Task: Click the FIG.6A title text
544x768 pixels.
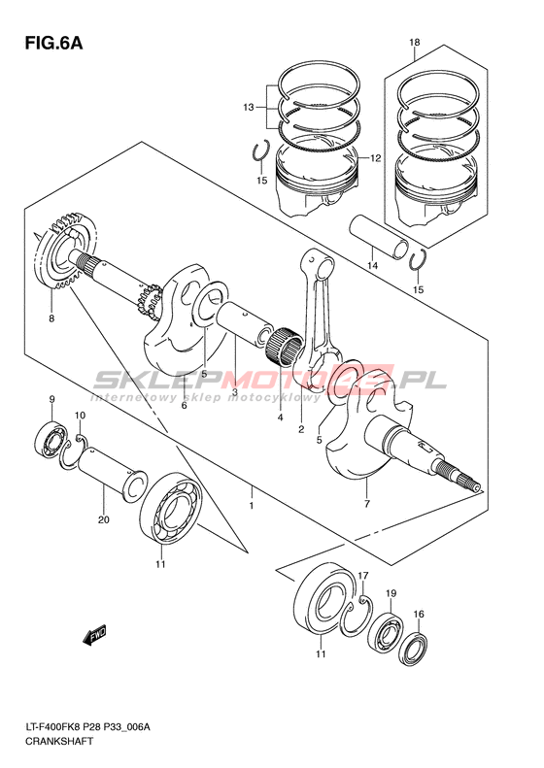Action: click(53, 43)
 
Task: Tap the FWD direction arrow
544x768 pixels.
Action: click(95, 636)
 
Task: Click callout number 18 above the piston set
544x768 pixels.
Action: click(415, 43)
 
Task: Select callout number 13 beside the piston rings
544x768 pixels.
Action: click(249, 107)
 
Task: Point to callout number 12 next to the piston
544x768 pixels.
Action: click(375, 158)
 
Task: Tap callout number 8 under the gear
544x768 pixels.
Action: click(51, 318)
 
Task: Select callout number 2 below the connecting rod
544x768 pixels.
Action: click(301, 429)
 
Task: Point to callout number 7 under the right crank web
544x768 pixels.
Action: click(367, 504)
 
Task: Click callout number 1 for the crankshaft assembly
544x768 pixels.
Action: click(252, 506)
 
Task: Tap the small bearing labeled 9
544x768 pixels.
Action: click(51, 440)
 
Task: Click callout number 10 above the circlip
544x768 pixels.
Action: click(80, 416)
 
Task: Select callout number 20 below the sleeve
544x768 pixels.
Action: click(103, 519)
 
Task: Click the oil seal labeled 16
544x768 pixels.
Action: click(413, 649)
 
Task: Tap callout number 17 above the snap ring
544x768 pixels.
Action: click(362, 575)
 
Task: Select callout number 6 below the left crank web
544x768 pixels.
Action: click(185, 406)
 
